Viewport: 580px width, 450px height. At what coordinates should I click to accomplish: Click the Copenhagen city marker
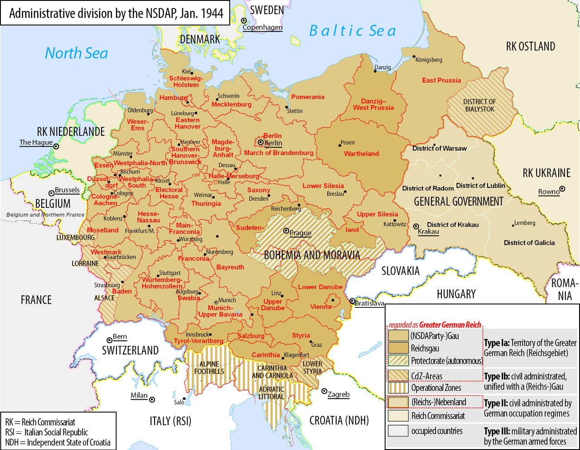pos(244,20)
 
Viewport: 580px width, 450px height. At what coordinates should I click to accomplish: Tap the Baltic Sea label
pos(352,31)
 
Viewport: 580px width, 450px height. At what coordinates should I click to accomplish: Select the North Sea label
pos(76,53)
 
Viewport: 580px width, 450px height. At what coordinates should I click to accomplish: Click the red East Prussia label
pos(441,80)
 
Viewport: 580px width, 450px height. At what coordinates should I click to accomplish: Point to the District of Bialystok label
pos(479,105)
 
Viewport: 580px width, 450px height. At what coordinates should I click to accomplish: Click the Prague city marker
pos(286,230)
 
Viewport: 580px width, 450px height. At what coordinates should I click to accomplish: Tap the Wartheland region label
pos(361,153)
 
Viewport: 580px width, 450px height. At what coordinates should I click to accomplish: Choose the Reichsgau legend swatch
pos(398,348)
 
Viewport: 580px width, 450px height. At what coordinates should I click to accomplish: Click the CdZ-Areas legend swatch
pos(398,376)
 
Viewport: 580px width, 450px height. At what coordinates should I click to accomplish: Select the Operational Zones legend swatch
pos(398,388)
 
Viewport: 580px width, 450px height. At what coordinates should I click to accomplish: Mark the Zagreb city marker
pos(324,391)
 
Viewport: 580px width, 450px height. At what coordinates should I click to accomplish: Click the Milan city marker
pos(152,399)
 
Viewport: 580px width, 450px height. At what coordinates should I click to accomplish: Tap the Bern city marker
pos(109,340)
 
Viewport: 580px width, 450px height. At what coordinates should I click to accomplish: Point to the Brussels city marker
pos(51,193)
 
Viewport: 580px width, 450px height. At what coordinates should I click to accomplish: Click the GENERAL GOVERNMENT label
pos(459,201)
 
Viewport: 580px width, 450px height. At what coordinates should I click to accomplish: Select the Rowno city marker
pos(562,189)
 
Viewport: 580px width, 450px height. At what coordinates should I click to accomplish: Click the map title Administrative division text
pos(116,13)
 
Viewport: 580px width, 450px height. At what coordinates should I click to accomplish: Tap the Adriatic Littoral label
pos(271,393)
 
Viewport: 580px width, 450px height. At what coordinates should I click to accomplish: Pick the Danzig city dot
pos(375,72)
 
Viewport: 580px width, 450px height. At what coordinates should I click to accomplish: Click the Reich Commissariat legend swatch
pos(398,416)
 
